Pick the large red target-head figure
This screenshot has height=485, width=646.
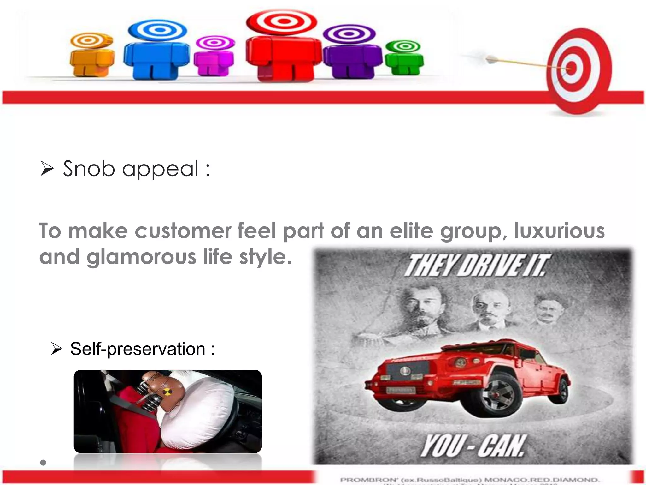[x=283, y=47]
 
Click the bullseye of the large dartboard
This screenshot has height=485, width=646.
[x=571, y=68]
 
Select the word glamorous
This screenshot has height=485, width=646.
[x=141, y=257]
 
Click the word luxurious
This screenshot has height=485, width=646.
[x=559, y=231]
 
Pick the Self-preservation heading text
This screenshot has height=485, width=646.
[x=142, y=349]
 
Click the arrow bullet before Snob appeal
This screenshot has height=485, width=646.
[x=47, y=169]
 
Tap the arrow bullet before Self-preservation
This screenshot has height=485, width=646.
[x=57, y=349]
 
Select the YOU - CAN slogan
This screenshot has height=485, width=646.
[x=473, y=446]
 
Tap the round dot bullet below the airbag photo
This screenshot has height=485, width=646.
[x=44, y=463]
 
